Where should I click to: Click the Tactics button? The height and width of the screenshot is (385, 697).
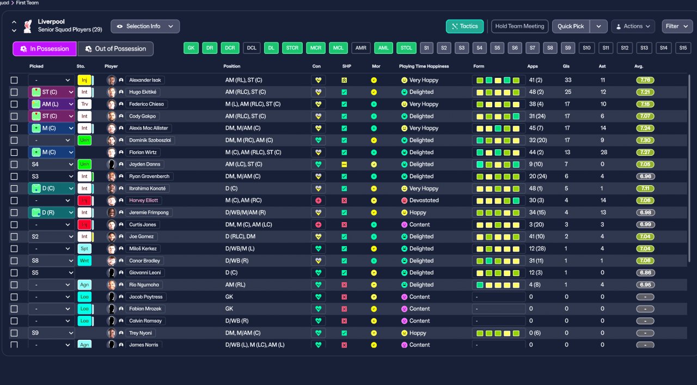coord(464,26)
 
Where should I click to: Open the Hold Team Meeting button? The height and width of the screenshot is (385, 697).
coord(519,26)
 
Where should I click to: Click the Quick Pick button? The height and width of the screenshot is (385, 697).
coord(571,26)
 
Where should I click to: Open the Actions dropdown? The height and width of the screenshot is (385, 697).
coord(633,26)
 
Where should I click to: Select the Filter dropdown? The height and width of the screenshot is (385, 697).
coord(677,26)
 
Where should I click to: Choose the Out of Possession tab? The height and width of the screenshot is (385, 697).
coord(115,48)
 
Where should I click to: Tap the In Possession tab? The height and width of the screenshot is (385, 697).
coord(45,48)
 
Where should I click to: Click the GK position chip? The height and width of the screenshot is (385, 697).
coord(191,48)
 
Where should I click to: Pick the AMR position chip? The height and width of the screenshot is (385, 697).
coord(360,48)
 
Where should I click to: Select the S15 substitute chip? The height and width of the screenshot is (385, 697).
coord(683,48)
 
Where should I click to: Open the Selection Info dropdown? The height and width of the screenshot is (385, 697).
coord(145,26)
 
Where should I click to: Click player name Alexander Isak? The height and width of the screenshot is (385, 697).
coord(145,80)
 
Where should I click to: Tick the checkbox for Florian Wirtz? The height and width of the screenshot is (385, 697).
coord(14,152)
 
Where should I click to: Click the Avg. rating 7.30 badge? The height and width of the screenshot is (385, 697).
coord(645,140)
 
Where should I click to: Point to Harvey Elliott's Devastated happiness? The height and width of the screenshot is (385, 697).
coord(424,200)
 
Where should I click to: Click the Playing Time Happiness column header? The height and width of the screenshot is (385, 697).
coord(424,66)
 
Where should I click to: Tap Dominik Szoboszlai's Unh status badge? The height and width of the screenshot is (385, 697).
coord(84,140)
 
